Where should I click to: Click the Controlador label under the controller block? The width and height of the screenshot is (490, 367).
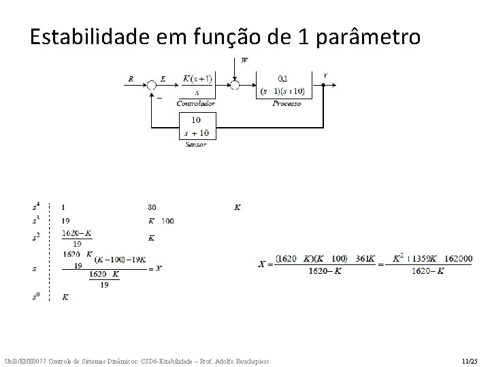point(196,103)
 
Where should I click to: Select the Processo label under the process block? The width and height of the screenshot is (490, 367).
point(287,103)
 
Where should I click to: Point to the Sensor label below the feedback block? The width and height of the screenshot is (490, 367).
point(195,143)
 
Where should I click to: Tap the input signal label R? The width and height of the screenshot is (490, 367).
point(131,78)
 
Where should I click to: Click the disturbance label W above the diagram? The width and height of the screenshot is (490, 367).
point(244,60)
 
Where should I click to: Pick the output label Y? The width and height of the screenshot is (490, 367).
point(325,75)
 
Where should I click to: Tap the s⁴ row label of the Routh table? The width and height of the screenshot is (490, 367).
point(35,207)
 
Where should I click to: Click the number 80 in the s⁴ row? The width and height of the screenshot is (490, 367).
point(152,207)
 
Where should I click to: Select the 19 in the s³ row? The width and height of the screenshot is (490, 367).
point(65,221)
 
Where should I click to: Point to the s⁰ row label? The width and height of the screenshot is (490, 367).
point(35,297)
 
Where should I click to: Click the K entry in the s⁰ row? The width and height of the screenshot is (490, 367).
point(65,297)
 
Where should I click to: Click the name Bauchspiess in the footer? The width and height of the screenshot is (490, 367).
point(249,360)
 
